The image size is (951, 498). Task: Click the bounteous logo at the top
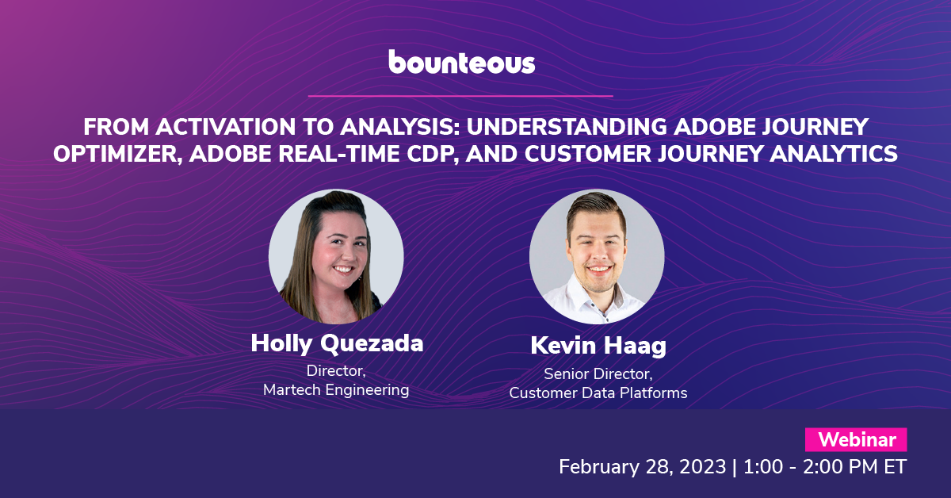pyautogui.click(x=461, y=62)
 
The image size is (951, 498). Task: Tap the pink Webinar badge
pyautogui.click(x=856, y=439)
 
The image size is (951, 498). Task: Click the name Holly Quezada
pyautogui.click(x=337, y=343)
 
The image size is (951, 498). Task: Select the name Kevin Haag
pyautogui.click(x=598, y=346)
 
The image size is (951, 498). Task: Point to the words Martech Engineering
pyautogui.click(x=336, y=389)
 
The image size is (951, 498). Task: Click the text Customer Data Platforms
pyautogui.click(x=598, y=393)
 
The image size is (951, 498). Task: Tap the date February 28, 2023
pyautogui.click(x=643, y=466)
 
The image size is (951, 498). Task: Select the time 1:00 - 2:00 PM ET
pyautogui.click(x=825, y=466)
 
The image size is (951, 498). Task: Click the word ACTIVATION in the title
pyautogui.click(x=225, y=127)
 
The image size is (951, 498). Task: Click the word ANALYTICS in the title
pyautogui.click(x=834, y=153)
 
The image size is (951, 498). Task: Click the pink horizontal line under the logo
pyautogui.click(x=460, y=96)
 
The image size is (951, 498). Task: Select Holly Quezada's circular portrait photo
pyautogui.click(x=336, y=256)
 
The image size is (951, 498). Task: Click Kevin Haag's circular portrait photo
pyautogui.click(x=597, y=256)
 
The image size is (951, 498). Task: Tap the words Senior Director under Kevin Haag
pyautogui.click(x=598, y=374)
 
